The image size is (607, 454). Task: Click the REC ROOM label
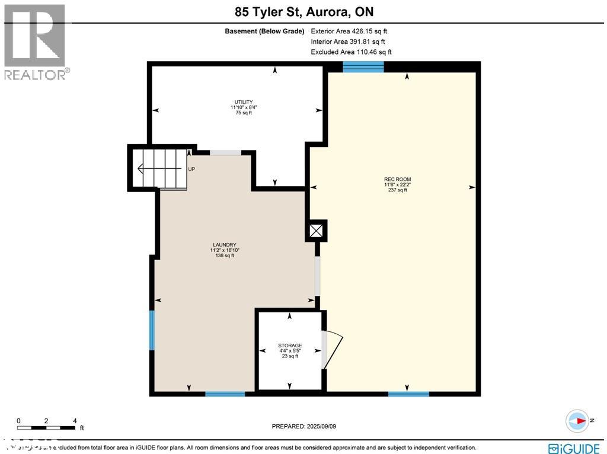pyautogui.click(x=397, y=180)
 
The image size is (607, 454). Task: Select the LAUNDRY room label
pyautogui.click(x=225, y=245)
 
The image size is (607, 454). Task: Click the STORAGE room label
pyautogui.click(x=290, y=346)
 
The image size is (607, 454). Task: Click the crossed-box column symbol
pyautogui.click(x=317, y=230)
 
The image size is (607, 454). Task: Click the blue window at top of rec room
pyautogui.click(x=363, y=66)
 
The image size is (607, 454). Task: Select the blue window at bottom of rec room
pyautogui.click(x=408, y=394)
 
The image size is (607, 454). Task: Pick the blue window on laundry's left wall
pyautogui.click(x=152, y=330)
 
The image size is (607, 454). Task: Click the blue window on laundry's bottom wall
pyautogui.click(x=225, y=394)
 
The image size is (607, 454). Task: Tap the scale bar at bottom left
pyautogui.click(x=47, y=427)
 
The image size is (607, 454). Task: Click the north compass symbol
pyautogui.click(x=576, y=421)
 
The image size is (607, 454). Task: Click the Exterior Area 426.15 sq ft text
pyautogui.click(x=349, y=31)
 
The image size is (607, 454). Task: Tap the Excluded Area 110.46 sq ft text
pyautogui.click(x=351, y=52)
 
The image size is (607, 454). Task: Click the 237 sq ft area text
pyautogui.click(x=397, y=190)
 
